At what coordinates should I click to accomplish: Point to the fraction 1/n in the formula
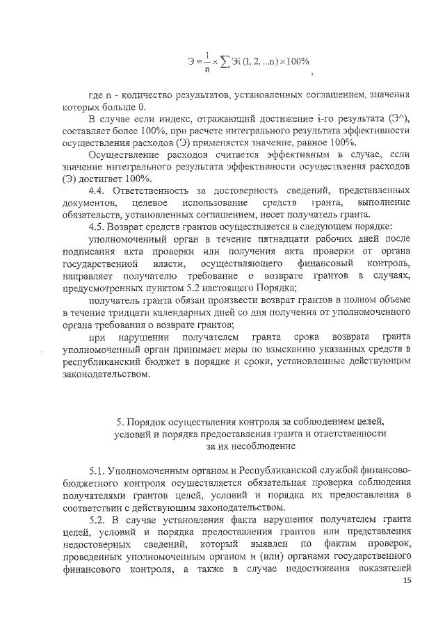click(208, 62)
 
